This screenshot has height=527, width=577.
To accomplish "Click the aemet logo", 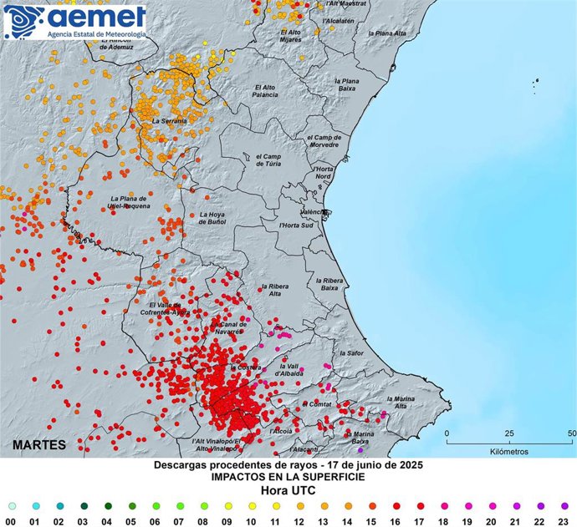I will click(76, 22).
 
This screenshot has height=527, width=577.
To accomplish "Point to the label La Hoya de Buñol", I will click(213, 217).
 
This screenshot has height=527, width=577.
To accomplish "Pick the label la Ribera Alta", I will click(275, 289).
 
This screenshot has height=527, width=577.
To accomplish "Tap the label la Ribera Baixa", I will click(330, 284).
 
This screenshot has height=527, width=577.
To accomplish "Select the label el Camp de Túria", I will click(269, 160).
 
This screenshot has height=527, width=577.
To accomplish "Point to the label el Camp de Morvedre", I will click(323, 140).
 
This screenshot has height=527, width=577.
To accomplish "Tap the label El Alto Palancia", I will click(265, 91).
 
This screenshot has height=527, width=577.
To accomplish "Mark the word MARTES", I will click(39, 444).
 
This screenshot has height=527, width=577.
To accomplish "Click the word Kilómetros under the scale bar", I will click(508, 451).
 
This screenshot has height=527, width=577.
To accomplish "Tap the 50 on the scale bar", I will click(571, 434).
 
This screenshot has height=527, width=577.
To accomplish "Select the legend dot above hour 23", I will click(565, 505).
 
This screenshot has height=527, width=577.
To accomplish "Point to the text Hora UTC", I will click(288, 490).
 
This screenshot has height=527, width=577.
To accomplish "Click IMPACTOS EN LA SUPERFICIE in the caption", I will click(288, 477).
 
